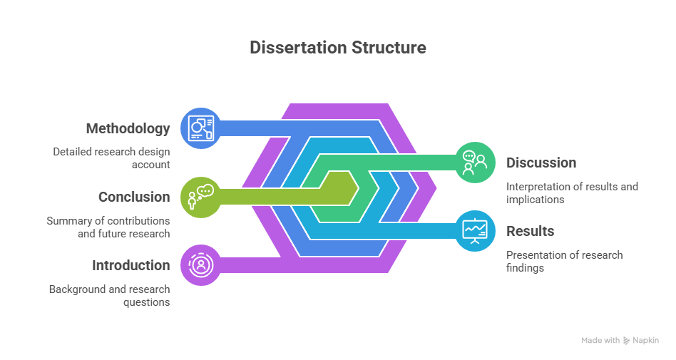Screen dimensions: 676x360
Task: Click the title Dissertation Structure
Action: point(338,48)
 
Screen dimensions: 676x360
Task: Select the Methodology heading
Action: point(128,128)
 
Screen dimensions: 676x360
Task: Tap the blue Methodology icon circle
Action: point(201,128)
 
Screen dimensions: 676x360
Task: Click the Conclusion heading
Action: point(134,197)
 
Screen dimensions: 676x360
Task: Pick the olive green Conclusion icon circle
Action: point(201,197)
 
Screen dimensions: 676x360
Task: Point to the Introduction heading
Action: point(131,265)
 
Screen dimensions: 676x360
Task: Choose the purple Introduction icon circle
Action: point(201,265)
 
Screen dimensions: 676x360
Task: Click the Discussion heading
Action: point(541,163)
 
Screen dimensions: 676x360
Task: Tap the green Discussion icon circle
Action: point(475,163)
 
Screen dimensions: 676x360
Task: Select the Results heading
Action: point(531,231)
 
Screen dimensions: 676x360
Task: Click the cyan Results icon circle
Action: point(475,231)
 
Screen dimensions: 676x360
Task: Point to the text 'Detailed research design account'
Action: point(112,158)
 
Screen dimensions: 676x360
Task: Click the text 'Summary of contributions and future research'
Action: point(108,227)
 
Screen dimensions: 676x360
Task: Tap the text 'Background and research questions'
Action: point(110,296)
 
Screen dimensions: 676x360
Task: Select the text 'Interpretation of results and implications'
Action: point(572,193)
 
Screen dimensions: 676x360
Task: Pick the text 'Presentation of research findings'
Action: point(564,262)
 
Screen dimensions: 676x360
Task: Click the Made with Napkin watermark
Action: point(620,341)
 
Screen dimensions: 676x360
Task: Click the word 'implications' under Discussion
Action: point(535,200)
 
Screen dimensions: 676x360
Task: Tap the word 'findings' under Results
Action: point(525,268)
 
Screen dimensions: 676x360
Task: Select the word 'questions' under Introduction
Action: point(147,302)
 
